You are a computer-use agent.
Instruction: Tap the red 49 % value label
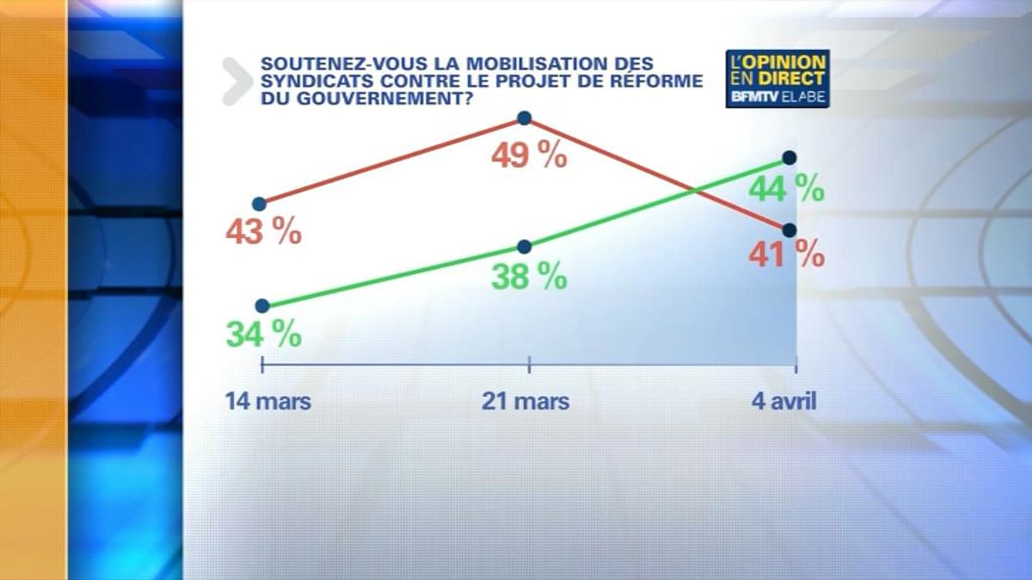[x=529, y=156]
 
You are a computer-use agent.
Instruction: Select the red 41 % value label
[x=786, y=255]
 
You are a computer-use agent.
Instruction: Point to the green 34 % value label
[x=264, y=333]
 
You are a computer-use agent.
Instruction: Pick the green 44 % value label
[x=786, y=188]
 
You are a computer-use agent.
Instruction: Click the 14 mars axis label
[x=268, y=401]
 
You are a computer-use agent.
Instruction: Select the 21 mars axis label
[x=525, y=401]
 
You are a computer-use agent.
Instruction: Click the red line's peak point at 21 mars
[x=525, y=118]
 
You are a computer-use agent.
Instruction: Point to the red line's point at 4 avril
[x=789, y=229]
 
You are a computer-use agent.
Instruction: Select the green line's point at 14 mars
[x=263, y=305]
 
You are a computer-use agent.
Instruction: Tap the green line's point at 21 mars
[x=525, y=247]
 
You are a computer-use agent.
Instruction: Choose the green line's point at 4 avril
[x=789, y=157]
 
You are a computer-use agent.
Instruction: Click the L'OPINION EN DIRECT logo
[x=777, y=78]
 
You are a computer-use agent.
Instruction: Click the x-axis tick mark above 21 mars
[x=529, y=365]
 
